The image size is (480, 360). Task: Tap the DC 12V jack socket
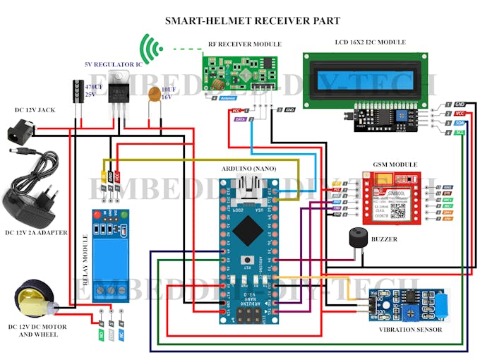[x=21, y=133]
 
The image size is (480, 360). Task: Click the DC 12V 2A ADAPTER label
[x=36, y=232]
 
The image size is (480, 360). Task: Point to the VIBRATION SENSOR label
[x=412, y=330]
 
